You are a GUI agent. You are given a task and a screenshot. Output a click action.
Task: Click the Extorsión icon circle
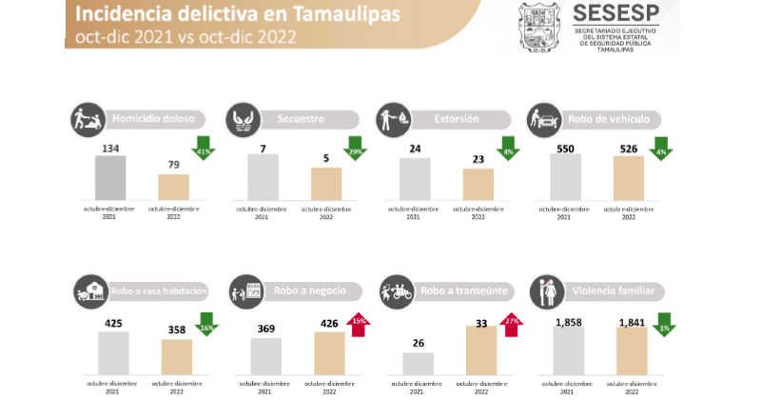coord(392,119)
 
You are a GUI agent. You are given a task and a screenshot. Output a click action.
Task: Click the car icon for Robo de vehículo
coord(542,119)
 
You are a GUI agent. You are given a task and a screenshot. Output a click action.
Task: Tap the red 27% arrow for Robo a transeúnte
coord(511,324)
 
